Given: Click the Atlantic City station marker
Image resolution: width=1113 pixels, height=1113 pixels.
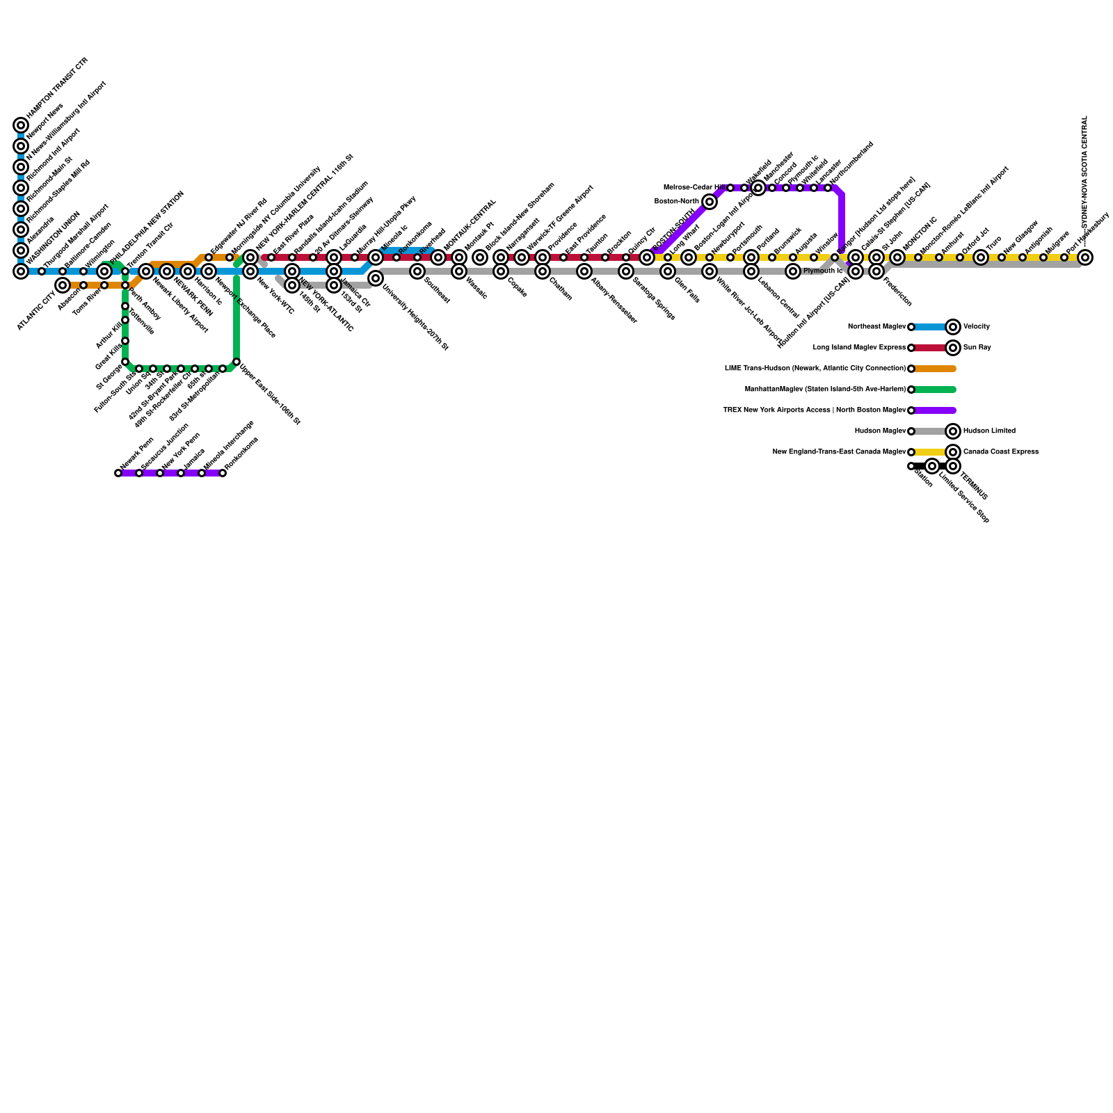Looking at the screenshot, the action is (x=63, y=285).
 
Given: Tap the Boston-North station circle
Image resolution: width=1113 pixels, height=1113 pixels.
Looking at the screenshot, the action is (x=710, y=202).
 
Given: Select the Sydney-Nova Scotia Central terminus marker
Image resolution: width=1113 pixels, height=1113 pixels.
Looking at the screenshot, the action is (x=1085, y=257).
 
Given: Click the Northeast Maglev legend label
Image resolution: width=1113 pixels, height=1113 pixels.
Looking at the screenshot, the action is (x=876, y=327).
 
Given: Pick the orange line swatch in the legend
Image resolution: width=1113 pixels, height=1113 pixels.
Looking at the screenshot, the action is (x=935, y=369).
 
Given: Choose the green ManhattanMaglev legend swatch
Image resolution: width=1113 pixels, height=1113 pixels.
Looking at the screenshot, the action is (x=935, y=390).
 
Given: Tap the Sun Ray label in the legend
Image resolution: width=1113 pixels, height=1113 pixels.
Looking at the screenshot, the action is (x=977, y=348).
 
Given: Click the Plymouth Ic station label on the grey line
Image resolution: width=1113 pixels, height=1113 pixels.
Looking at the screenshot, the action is (x=823, y=271).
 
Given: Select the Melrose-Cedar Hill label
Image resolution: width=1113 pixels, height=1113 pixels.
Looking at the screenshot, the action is (x=695, y=188).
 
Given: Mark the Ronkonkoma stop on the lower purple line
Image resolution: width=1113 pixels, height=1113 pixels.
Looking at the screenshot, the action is (x=223, y=473).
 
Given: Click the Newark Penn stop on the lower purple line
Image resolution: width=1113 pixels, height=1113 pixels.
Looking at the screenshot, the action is (x=118, y=473).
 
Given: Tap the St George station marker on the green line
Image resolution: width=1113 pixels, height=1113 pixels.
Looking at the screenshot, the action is (x=125, y=362).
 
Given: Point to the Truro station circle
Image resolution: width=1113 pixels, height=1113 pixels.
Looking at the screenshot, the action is (x=981, y=257).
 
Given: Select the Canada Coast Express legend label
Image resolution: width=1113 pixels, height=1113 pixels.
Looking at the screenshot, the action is (x=1000, y=452).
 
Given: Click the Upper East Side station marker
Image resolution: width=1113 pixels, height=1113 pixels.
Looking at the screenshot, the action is (x=237, y=362).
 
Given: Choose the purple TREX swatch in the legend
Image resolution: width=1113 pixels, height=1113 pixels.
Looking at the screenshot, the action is (x=935, y=410).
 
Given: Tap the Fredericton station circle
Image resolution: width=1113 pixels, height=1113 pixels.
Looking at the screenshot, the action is (x=876, y=271).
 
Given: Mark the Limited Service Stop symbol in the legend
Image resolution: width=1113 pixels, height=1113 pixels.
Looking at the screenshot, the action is (x=932, y=466).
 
